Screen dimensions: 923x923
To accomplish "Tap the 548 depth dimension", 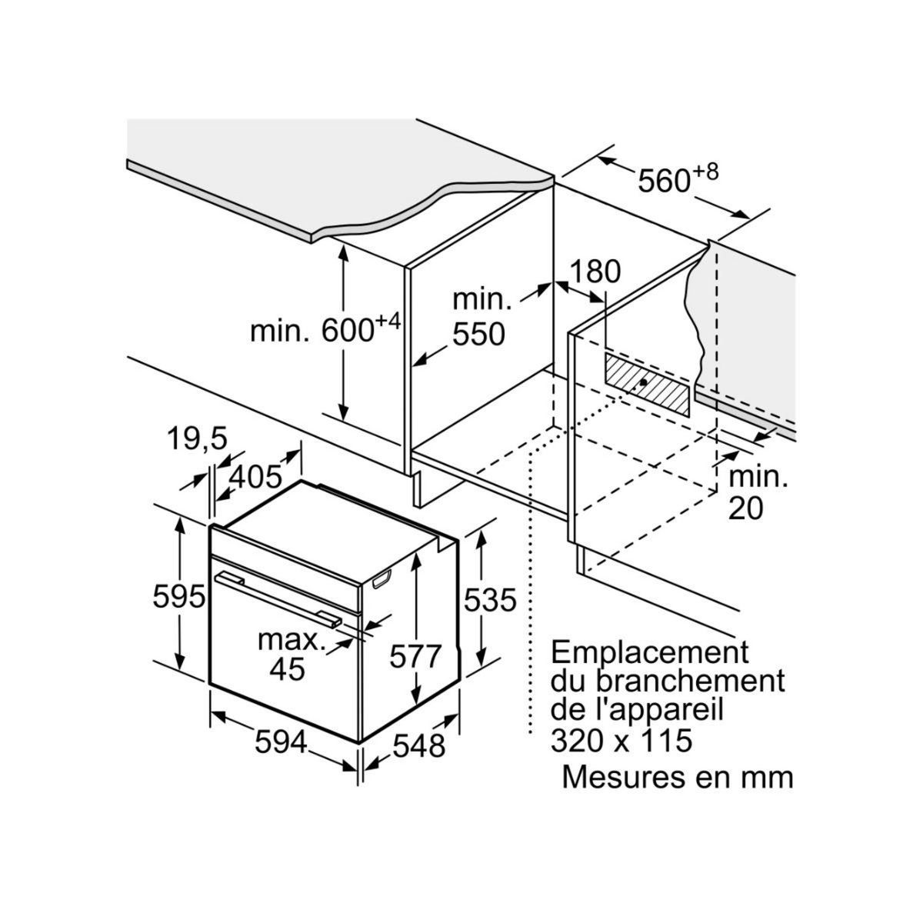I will click(x=420, y=745).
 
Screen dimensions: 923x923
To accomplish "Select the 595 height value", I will click(x=178, y=597).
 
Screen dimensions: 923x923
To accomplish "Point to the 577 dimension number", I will click(x=415, y=657).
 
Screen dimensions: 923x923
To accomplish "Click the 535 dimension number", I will click(x=488, y=599).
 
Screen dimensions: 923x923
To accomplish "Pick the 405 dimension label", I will click(x=256, y=478).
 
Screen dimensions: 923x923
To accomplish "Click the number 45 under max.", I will click(x=287, y=668).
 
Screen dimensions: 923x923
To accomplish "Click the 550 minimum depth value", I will click(x=478, y=334).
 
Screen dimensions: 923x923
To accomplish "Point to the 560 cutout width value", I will click(x=665, y=181).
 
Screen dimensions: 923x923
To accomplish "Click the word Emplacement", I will click(x=650, y=653).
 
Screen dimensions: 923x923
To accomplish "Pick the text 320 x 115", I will click(x=621, y=741).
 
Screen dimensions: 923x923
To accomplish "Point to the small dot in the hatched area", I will click(x=643, y=382).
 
